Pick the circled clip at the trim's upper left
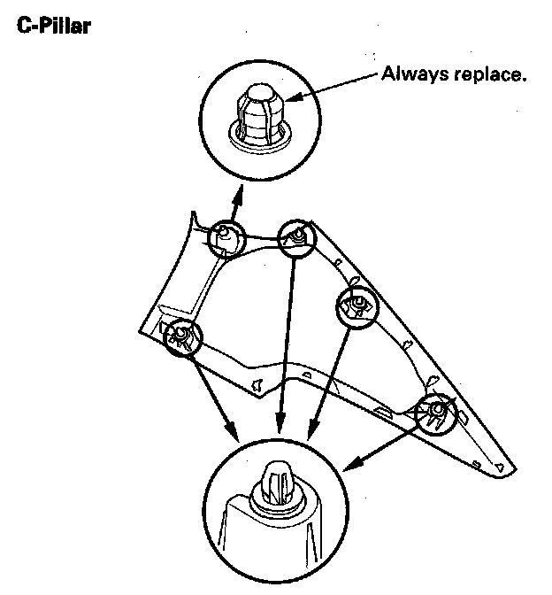click(x=226, y=237)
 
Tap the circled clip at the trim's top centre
click(x=297, y=236)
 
